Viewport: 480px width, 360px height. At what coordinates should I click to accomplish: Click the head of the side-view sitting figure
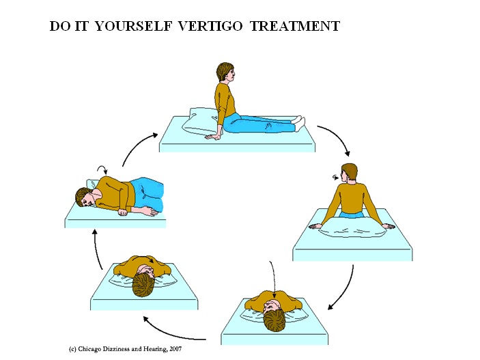coord(225,72)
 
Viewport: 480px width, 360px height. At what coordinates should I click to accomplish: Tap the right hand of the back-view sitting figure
coord(386,226)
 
